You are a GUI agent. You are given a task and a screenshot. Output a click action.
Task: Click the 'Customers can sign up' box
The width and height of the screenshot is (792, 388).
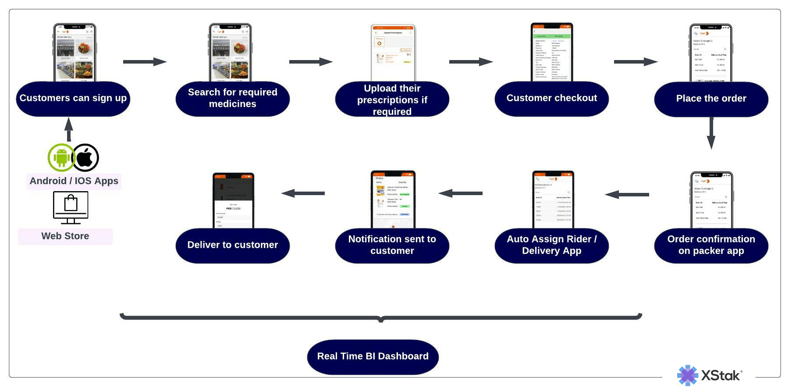73,99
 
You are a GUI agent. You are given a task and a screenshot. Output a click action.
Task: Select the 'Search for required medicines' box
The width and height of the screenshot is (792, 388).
232,99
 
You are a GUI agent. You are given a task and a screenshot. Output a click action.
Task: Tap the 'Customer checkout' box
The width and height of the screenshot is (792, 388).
551,99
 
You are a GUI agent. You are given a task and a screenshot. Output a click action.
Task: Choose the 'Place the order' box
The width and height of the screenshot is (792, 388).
711,99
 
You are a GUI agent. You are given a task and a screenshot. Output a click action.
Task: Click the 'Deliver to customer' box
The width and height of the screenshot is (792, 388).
232,245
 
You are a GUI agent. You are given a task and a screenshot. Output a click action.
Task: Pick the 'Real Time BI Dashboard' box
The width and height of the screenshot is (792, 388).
373,356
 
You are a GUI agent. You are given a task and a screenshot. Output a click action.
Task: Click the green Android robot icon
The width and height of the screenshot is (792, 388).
61,157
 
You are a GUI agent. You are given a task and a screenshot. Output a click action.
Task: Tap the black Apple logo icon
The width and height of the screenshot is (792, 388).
85,157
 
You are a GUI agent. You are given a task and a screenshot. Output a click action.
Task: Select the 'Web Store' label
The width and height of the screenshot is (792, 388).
65,236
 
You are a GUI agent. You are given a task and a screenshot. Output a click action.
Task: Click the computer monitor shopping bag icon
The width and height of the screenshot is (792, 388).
71,208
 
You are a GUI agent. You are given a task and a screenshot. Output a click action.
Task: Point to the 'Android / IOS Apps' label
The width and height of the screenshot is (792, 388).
74,181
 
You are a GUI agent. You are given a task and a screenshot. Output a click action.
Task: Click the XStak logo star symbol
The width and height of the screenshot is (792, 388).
687,375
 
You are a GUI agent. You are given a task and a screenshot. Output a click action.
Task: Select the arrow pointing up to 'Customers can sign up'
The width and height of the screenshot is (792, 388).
68,129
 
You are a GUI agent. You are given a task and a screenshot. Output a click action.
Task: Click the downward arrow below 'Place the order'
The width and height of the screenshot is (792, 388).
711,133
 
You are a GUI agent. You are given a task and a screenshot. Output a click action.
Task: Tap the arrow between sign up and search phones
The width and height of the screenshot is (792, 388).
145,62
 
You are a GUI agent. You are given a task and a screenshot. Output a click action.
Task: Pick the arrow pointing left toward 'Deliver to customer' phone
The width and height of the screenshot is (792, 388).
303,193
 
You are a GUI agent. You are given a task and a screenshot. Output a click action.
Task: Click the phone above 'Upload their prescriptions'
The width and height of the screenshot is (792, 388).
392,53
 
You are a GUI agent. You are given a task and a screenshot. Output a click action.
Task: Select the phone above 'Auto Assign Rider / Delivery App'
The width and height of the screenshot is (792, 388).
552,199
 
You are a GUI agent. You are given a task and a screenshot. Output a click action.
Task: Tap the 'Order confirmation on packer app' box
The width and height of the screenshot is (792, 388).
711,245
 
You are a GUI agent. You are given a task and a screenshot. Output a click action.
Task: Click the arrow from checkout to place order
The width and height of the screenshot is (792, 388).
636,62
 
